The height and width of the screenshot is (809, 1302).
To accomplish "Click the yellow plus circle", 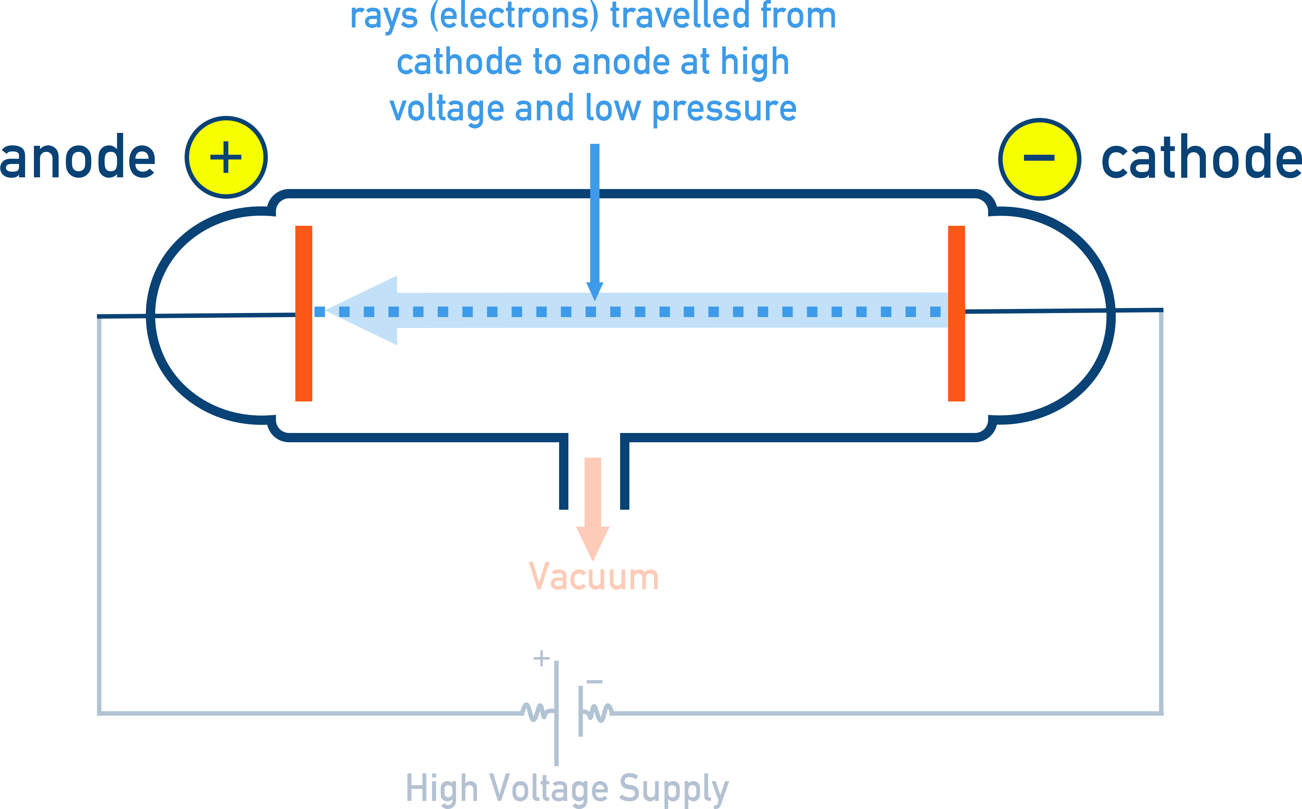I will coord(226,157).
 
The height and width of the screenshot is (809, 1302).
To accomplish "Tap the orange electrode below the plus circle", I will coord(303,313).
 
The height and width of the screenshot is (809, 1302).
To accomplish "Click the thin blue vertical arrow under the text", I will coord(595,214).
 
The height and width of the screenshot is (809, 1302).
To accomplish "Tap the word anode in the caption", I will coord(620,62).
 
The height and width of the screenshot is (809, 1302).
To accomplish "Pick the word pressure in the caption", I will coord(724,109).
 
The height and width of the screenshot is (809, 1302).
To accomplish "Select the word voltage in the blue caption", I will coord(446,109).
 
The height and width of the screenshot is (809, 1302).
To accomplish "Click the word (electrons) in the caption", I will coord(514,16).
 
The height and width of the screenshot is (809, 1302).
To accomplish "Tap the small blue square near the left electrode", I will coord(320,311).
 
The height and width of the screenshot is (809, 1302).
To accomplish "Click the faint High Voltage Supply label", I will coord(567,788).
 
